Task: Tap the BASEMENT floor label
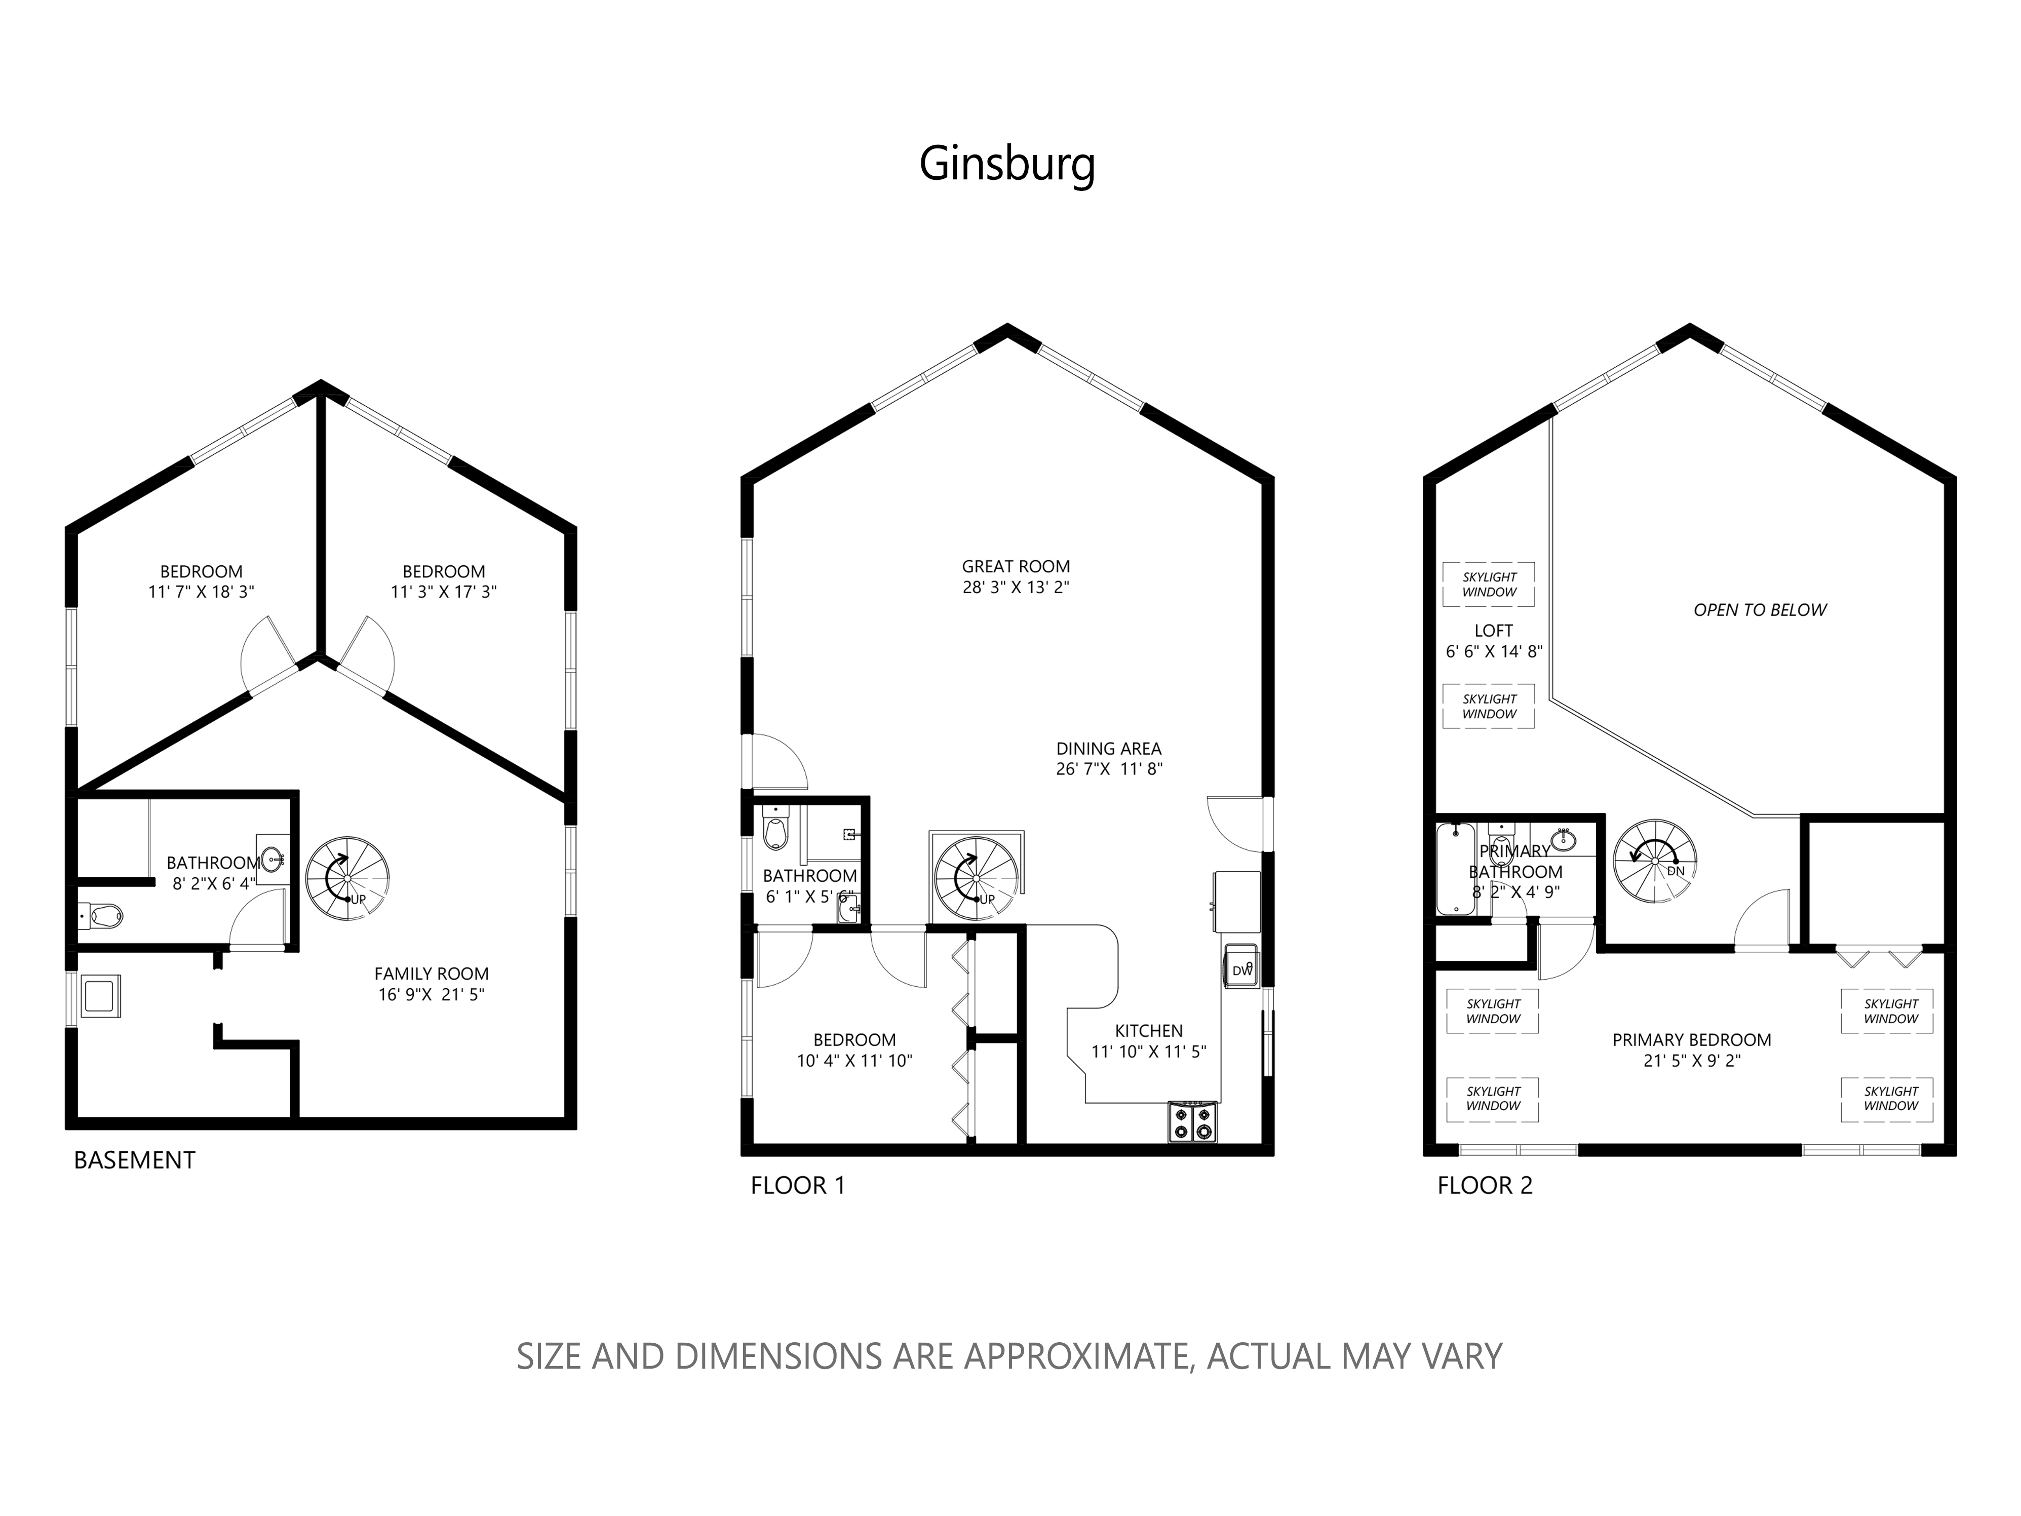coord(134,1160)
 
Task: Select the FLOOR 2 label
coord(1485,1186)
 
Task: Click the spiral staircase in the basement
coord(347,877)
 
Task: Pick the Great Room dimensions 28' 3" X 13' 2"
coord(1016,588)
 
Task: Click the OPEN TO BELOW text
coord(1760,610)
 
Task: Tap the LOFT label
coord(1493,631)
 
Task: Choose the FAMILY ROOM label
coord(431,974)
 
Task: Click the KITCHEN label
coord(1148,1031)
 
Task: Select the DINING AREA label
coord(1108,749)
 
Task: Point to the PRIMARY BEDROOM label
coord(1691,1040)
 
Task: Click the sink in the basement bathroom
coord(273,858)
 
